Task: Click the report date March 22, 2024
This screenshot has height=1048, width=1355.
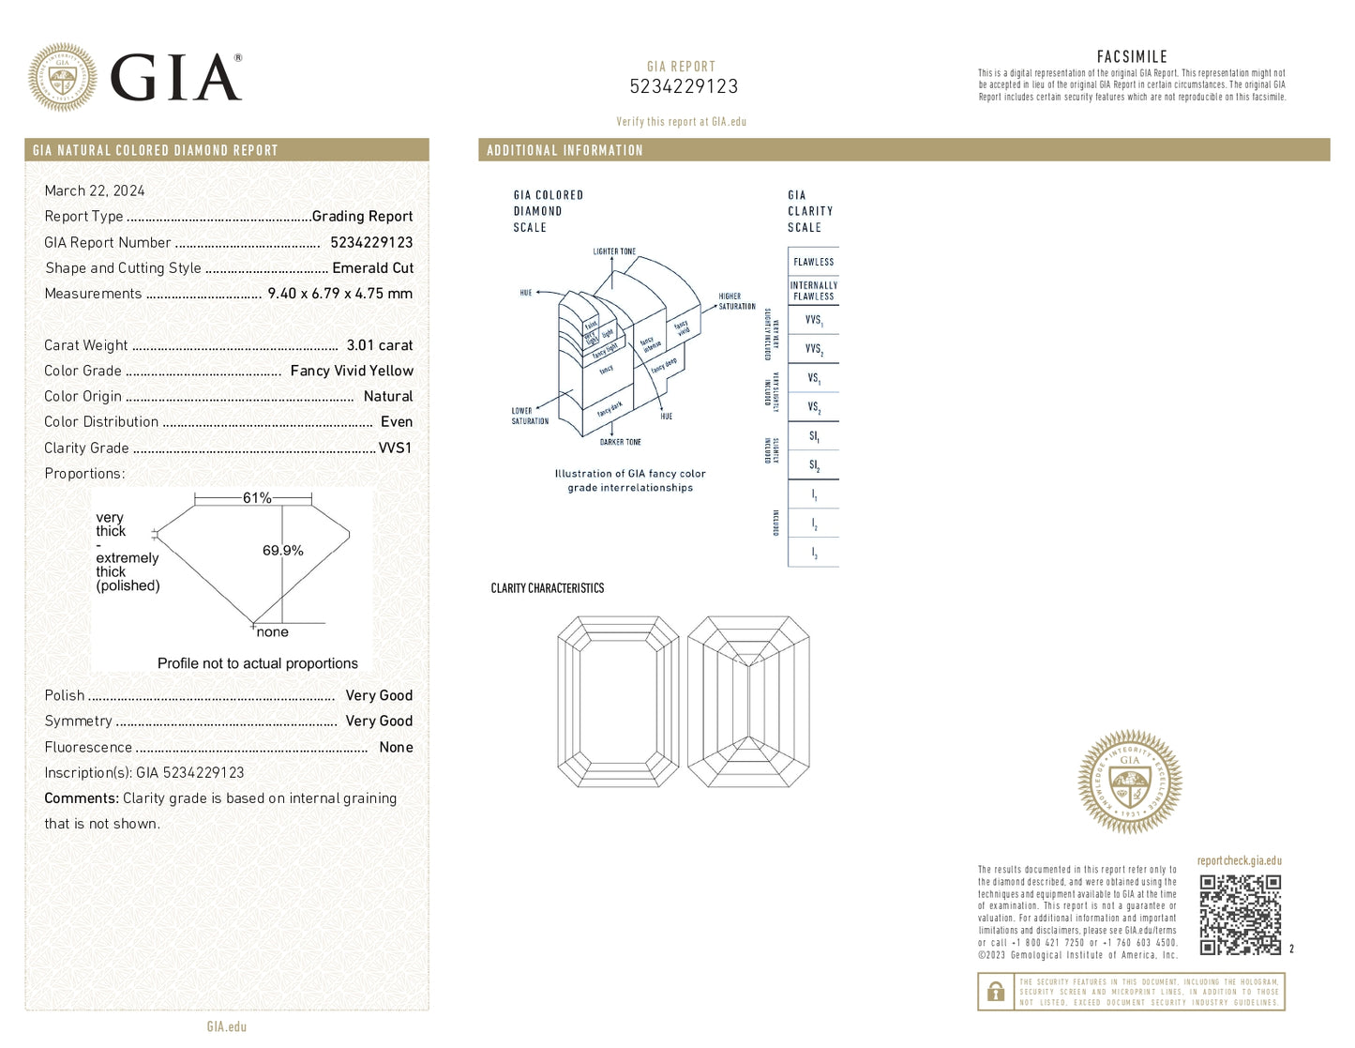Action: [95, 190]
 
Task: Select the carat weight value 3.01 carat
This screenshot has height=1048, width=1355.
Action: [379, 345]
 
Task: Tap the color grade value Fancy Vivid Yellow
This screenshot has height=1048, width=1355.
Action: [352, 371]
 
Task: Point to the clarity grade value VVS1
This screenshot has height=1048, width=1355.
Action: [395, 448]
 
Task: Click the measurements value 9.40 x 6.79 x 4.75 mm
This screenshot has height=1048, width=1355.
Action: [339, 294]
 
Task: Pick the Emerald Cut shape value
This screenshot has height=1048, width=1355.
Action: [372, 267]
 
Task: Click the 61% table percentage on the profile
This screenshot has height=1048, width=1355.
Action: [256, 498]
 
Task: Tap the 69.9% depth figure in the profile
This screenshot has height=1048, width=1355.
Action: [282, 551]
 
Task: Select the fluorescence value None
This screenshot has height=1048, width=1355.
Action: [396, 747]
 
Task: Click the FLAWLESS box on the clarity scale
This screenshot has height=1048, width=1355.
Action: [813, 262]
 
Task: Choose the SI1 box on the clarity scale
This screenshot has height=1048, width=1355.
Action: [813, 436]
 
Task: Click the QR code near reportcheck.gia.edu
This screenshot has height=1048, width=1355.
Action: [1240, 915]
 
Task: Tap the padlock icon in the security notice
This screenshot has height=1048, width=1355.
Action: [996, 992]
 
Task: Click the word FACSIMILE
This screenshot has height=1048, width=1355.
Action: [1132, 56]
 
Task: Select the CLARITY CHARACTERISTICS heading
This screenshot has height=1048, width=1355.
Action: [548, 588]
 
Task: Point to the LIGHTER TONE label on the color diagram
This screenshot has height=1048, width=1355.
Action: [614, 251]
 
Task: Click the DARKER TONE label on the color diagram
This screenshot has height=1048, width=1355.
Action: [620, 442]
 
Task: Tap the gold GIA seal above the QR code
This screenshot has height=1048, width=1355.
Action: [1130, 782]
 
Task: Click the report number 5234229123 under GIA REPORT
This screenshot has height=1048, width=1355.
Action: [684, 86]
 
